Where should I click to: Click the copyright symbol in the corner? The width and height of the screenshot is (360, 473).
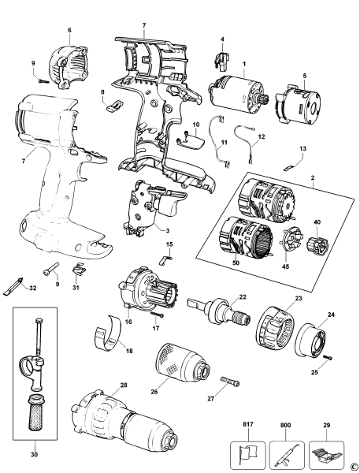pos(354,467)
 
